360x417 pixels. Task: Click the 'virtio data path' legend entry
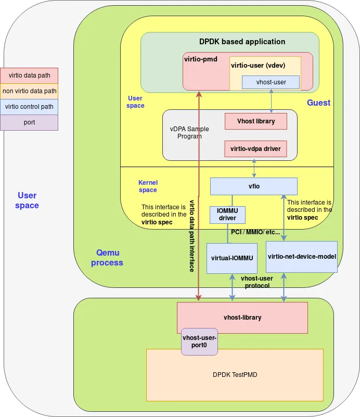(x=30, y=75)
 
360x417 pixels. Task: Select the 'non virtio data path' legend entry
(x=30, y=91)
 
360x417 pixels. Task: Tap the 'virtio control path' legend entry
(x=30, y=107)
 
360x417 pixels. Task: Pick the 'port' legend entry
(x=30, y=122)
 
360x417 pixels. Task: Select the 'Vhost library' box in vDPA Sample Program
(x=256, y=121)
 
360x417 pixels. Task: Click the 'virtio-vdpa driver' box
(x=255, y=149)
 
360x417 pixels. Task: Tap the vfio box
(x=253, y=186)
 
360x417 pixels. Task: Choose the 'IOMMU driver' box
(x=227, y=214)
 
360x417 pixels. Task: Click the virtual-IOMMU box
(x=232, y=258)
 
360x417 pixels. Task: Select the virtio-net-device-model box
(x=302, y=257)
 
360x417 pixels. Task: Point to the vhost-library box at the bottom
(x=242, y=318)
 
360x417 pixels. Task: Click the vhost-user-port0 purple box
(x=199, y=342)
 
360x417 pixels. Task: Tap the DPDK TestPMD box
(x=235, y=375)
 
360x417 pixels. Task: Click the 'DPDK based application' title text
(x=242, y=42)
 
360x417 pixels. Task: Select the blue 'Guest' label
(x=318, y=103)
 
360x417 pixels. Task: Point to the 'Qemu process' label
(x=107, y=258)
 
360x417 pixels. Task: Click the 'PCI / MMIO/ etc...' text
(x=255, y=232)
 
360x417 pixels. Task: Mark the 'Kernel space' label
(x=148, y=186)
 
